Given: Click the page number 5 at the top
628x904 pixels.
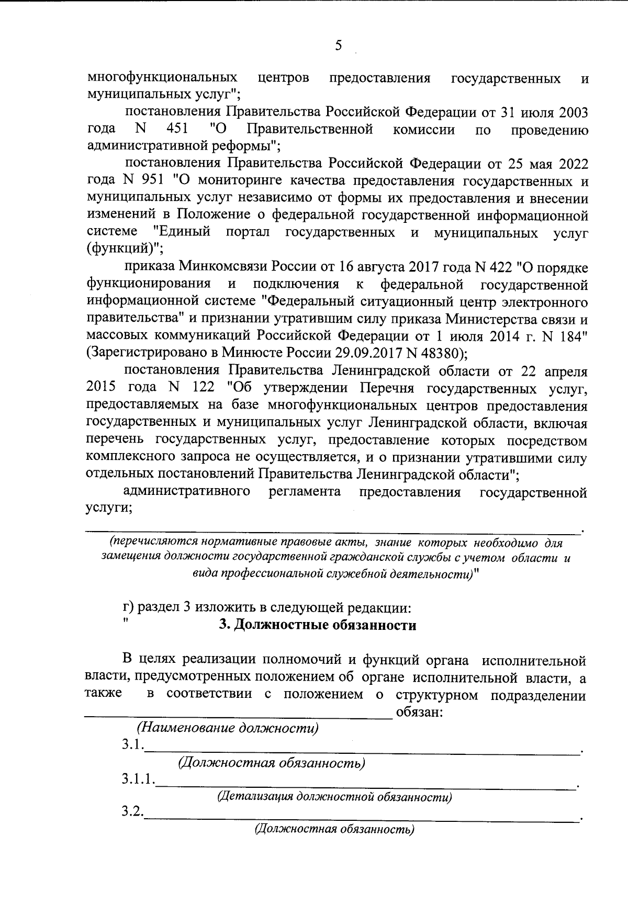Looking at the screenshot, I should pyautogui.click(x=338, y=46).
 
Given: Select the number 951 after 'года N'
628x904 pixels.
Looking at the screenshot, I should pyautogui.click(x=153, y=182).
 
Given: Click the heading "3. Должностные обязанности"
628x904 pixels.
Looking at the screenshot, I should pyautogui.click(x=317, y=625).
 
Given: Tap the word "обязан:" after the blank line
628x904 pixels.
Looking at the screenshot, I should pyautogui.click(x=420, y=712).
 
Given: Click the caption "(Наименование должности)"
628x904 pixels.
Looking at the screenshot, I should pyautogui.click(x=228, y=728).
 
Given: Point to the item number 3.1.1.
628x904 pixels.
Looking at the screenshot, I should pyautogui.click(x=138, y=779).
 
